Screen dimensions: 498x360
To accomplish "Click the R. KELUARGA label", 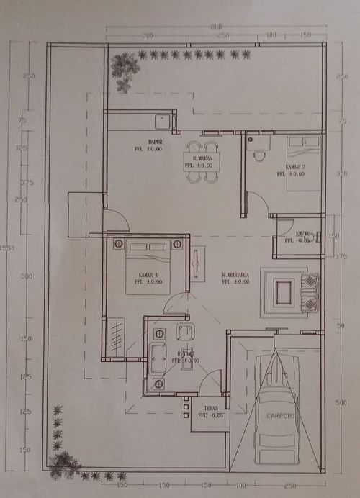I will pos(235,275).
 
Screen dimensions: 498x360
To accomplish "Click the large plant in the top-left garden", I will pos(125,70).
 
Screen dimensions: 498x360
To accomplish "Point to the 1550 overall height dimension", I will pos(7,248).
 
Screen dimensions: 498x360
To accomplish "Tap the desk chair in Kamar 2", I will pos(259,153).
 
